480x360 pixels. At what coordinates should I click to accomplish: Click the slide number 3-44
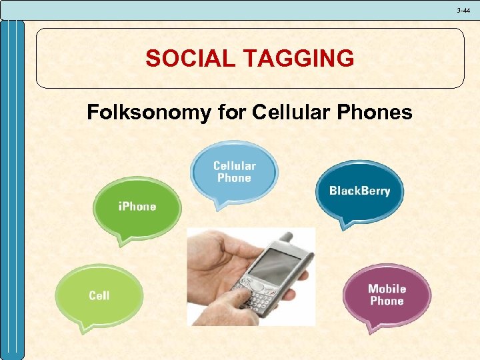tap(463, 10)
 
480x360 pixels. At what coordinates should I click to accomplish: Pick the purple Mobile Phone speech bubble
tap(387, 294)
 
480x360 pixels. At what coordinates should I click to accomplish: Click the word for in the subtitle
tap(232, 113)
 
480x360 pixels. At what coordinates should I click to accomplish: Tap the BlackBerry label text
tap(359, 191)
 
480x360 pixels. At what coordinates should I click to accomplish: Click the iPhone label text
tap(137, 207)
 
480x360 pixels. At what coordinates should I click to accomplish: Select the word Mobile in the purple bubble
tap(387, 289)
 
